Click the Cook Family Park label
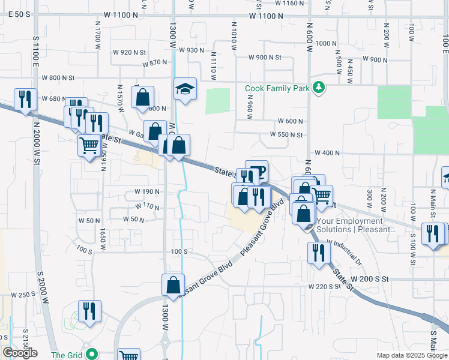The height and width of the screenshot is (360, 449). tap(277, 88)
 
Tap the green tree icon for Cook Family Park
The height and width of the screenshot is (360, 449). tap(319, 88)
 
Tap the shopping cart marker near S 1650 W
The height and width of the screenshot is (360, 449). tap(89, 145)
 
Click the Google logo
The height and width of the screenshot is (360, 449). tap(20, 353)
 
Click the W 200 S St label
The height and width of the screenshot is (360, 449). tap(370, 279)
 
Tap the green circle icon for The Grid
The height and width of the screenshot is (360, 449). tap(91, 354)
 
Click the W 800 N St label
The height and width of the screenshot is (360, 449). tap(58, 77)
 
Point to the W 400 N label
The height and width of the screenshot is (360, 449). tap(327, 153)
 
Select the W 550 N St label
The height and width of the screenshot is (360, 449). tap(286, 135)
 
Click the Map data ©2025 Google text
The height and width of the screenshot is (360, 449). tap(412, 355)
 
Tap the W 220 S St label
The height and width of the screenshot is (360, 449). tap(324, 287)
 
